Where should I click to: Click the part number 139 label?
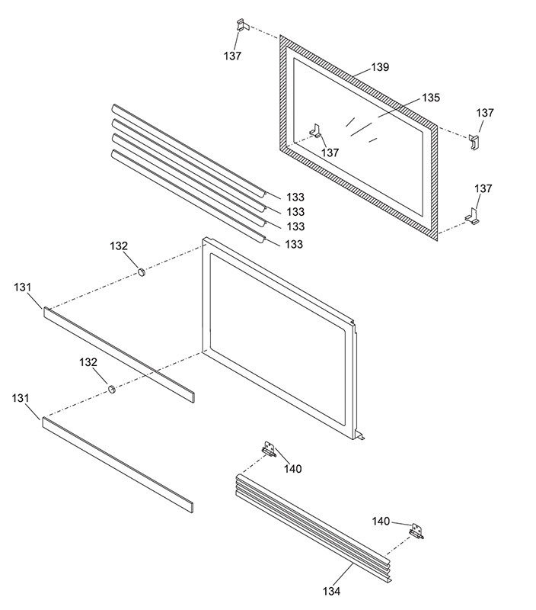380,67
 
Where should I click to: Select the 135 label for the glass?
431,98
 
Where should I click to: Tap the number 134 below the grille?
330,591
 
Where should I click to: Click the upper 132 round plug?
141,272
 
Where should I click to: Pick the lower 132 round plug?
112,390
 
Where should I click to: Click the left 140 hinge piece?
268,450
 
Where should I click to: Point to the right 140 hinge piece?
416,530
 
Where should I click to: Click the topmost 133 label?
295,197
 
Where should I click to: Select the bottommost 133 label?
295,244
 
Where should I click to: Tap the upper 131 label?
24,287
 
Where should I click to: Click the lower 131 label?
22,398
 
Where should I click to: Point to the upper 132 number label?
119,246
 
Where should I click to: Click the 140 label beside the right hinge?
381,522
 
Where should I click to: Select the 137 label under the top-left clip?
233,56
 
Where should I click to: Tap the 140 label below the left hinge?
292,468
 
